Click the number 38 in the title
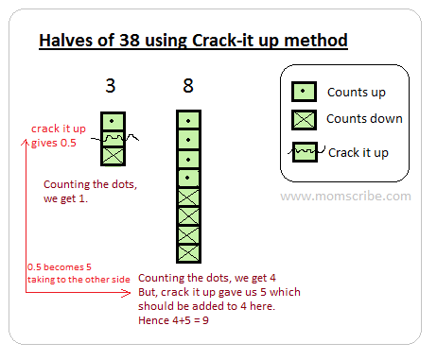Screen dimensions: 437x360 [x=130, y=41]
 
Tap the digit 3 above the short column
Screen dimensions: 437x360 [x=111, y=86]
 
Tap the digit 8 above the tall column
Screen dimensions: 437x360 [x=188, y=86]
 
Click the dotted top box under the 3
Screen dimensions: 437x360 [x=113, y=121]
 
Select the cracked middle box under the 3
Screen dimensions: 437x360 [x=113, y=139]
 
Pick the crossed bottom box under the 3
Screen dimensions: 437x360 [x=113, y=156]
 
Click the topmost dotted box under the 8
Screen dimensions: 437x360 [x=188, y=120]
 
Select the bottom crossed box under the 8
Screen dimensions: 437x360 [x=188, y=253]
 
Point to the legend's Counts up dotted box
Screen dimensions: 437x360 [x=304, y=92]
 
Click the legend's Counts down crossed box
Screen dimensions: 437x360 [x=304, y=120]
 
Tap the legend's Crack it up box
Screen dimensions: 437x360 [x=305, y=152]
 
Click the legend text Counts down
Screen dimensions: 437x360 [x=364, y=119]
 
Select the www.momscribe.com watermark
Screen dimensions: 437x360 [x=346, y=197]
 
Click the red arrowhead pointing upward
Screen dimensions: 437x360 [x=26, y=143]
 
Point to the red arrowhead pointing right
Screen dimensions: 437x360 [x=127, y=293]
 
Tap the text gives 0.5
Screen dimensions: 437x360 [x=54, y=143]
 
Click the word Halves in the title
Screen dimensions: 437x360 [x=66, y=41]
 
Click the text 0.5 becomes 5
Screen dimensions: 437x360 [x=60, y=267]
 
